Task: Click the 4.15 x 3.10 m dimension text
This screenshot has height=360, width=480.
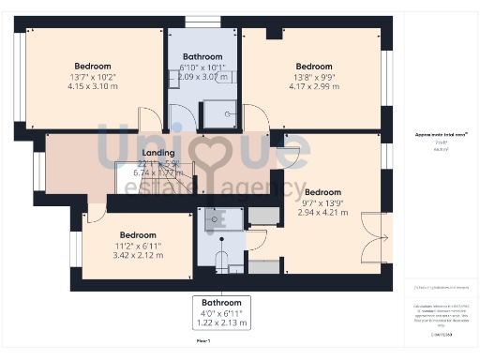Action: click(x=92, y=86)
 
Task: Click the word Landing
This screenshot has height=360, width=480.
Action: click(x=157, y=153)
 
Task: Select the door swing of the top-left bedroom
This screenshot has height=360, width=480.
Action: click(x=150, y=120)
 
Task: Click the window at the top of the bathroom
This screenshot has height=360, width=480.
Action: click(x=198, y=21)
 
